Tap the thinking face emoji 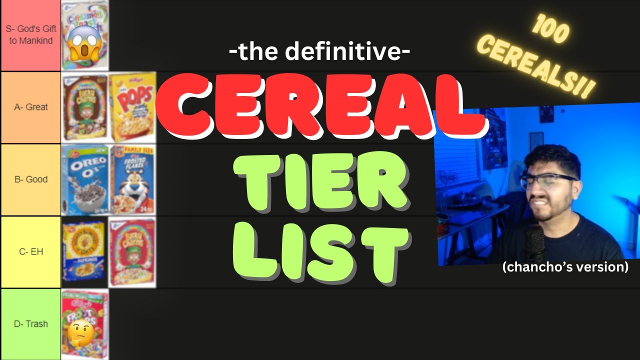pyautogui.click(x=79, y=335)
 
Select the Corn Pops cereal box pyautogui.click(x=132, y=107)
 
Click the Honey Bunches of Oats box pyautogui.click(x=84, y=251)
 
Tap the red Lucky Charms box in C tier pyautogui.click(x=132, y=251)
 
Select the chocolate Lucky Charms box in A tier pyautogui.click(x=84, y=107)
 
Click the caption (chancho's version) pyautogui.click(x=565, y=267)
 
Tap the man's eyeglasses pyautogui.click(x=548, y=180)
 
